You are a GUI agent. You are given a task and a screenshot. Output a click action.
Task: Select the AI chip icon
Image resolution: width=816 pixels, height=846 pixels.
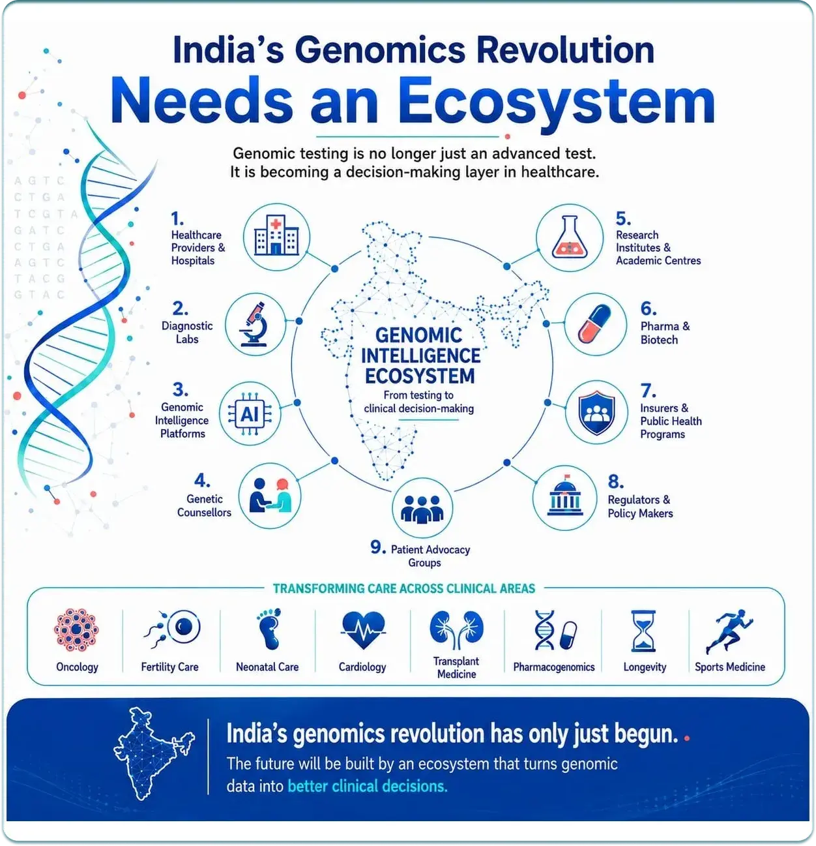click(250, 414)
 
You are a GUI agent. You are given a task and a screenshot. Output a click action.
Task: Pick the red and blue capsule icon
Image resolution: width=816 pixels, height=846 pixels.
click(594, 324)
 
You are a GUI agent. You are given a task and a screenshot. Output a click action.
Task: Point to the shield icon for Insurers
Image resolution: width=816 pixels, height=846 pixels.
click(596, 412)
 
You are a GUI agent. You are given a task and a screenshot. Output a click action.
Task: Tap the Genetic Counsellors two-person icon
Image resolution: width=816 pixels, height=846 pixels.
click(270, 495)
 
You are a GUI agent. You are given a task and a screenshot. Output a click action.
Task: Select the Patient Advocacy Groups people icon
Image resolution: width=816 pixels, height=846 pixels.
click(422, 508)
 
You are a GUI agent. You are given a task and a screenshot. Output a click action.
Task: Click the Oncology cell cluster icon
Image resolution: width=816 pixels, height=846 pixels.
click(76, 629)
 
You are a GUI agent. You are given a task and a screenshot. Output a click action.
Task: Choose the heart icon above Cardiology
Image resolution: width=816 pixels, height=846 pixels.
click(363, 629)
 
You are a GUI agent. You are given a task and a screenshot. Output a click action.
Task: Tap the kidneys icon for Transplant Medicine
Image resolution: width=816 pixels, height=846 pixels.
click(456, 629)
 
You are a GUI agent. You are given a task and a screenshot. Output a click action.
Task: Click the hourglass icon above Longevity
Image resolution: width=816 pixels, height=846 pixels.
click(643, 630)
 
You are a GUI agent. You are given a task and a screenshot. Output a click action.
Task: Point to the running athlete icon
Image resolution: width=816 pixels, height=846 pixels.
click(729, 631)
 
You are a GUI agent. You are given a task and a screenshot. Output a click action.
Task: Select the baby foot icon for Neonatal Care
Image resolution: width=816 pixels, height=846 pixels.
click(269, 629)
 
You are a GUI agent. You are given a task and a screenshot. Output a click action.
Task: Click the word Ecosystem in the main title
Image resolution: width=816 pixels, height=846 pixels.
click(556, 102)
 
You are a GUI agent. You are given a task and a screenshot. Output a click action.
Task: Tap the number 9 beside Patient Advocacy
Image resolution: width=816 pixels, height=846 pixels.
click(377, 547)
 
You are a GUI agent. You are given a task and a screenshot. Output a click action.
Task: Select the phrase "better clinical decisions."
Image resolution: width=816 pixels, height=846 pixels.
click(367, 786)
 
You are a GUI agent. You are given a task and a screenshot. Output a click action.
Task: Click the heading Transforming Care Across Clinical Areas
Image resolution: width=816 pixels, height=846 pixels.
click(403, 588)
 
